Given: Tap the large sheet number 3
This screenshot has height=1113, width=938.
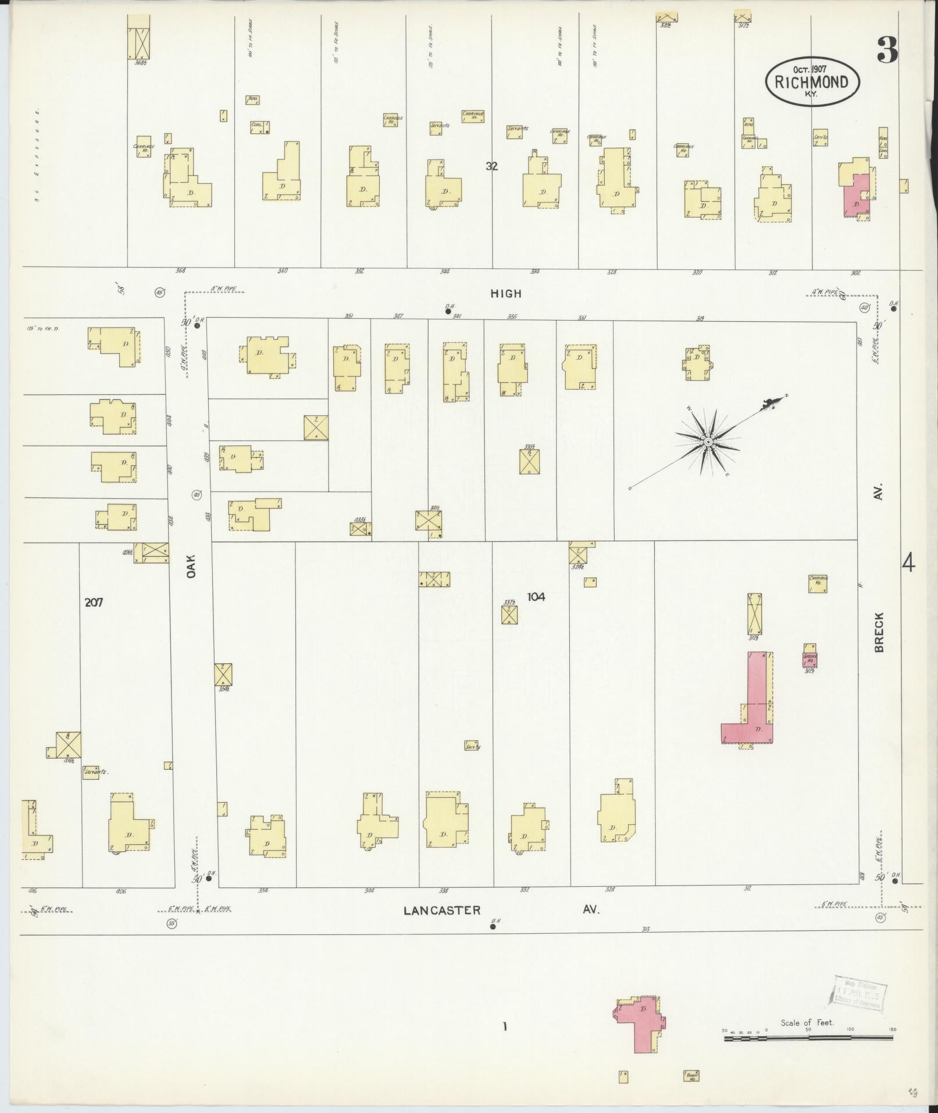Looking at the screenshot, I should pos(887,50).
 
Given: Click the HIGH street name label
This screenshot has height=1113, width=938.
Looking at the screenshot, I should pos(506,294).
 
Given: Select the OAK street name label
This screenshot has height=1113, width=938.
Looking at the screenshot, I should pos(192,565).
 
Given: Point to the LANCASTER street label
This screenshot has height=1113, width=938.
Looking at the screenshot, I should pos(443,910).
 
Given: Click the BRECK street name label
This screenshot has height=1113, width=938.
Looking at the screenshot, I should pos(879,632).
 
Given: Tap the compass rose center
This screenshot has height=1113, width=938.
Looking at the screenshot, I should pos(708,442).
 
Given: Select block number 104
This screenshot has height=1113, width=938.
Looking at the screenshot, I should pos(536,596).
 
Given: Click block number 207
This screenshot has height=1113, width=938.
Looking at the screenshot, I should pos(94,603).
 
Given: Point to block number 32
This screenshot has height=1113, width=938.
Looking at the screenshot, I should pos(492,166).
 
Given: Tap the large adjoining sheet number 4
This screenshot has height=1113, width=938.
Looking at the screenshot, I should pos(908,563).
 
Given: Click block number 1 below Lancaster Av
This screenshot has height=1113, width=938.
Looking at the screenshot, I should pos(505,1027).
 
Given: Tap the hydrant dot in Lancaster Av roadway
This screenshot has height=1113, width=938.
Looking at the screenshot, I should pos(493,927).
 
